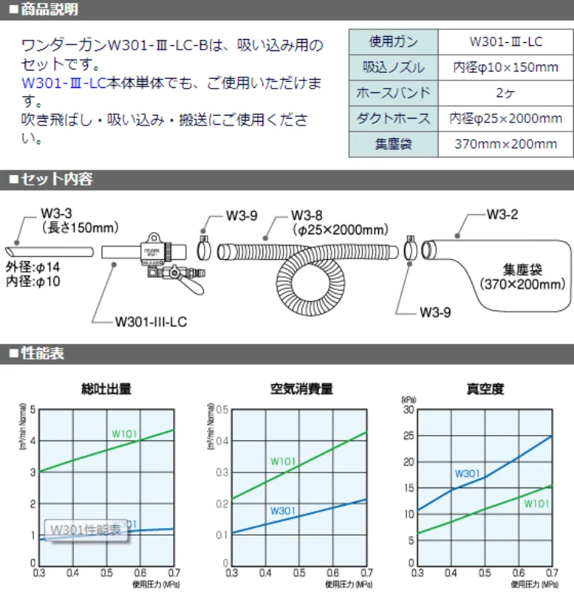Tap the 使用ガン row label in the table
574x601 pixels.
(x=393, y=41)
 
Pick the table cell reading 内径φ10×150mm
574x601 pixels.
(x=506, y=68)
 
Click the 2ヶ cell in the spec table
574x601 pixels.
(x=506, y=93)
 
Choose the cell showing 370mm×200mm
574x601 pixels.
(x=506, y=144)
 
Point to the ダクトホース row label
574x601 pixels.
(x=393, y=119)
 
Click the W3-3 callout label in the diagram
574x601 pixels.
(x=56, y=214)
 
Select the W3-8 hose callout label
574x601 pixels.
(x=307, y=214)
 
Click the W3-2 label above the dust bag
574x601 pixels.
(x=502, y=213)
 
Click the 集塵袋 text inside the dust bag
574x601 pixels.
(x=522, y=270)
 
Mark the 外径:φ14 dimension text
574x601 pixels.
(x=33, y=267)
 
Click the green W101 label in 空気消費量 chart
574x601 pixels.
(x=283, y=461)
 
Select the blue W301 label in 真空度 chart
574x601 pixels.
(x=467, y=473)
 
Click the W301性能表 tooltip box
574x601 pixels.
(x=85, y=530)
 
